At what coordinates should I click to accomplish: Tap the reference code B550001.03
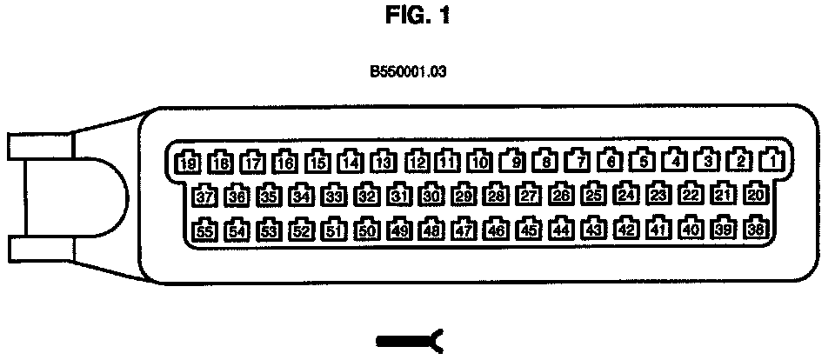click(x=408, y=73)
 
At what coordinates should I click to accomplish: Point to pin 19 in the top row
click(x=187, y=162)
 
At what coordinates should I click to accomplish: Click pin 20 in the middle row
click(x=756, y=196)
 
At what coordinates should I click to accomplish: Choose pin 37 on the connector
click(x=204, y=197)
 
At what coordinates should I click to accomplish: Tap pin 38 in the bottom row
click(x=756, y=230)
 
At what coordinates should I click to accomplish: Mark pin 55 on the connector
click(x=204, y=231)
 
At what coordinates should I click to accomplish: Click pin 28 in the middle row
click(x=496, y=196)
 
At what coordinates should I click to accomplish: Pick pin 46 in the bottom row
click(x=497, y=230)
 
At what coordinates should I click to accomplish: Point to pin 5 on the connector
click(x=643, y=160)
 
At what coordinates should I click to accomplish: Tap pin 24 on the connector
click(x=625, y=196)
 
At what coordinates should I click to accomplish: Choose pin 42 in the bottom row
click(x=625, y=230)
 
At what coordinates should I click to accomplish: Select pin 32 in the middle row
click(x=367, y=197)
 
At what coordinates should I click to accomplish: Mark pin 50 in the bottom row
click(x=367, y=231)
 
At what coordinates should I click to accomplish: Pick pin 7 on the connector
click(x=578, y=161)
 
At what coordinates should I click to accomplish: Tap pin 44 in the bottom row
click(x=562, y=230)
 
